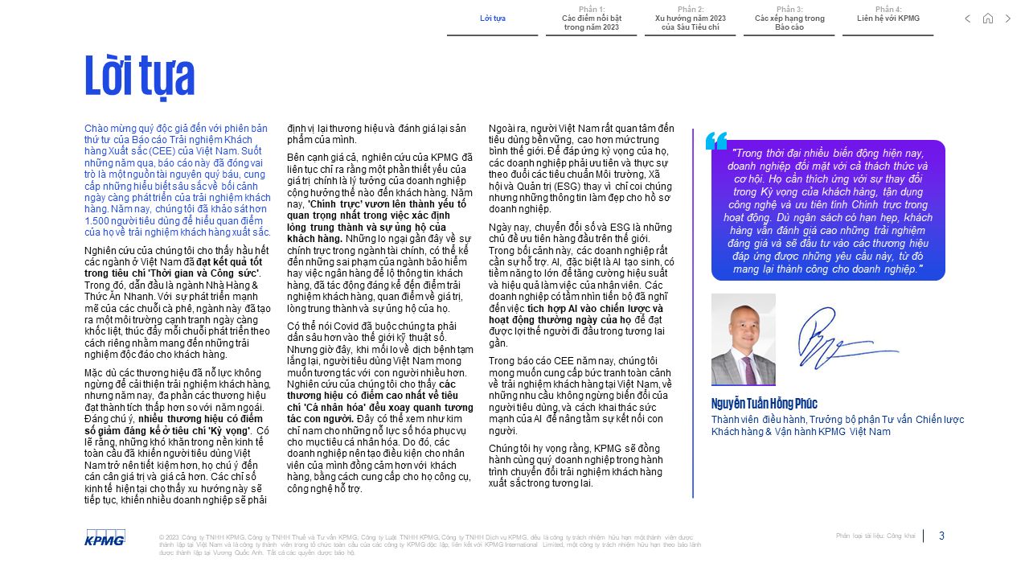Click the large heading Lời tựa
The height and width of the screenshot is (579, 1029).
click(140, 76)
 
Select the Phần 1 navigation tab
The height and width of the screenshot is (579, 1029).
click(592, 18)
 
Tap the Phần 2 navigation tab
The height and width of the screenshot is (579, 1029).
click(690, 18)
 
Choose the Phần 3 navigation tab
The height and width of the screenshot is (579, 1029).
click(789, 18)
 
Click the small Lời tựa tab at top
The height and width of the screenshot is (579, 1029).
click(492, 18)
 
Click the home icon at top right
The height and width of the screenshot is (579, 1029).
click(988, 18)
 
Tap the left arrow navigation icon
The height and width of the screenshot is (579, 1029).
click(967, 18)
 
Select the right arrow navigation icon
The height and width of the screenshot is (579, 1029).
click(1008, 18)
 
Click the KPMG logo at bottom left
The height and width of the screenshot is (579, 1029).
click(105, 537)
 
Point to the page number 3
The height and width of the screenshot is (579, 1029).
click(941, 536)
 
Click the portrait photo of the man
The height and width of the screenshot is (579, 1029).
click(743, 339)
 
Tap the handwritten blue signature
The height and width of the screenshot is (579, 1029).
click(844, 336)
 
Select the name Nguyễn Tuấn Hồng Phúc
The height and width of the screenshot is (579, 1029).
click(764, 404)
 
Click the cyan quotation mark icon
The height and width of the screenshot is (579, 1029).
click(715, 141)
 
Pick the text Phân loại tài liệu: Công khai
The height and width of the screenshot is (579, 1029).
click(875, 536)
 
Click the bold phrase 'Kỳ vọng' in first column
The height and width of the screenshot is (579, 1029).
click(233, 430)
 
